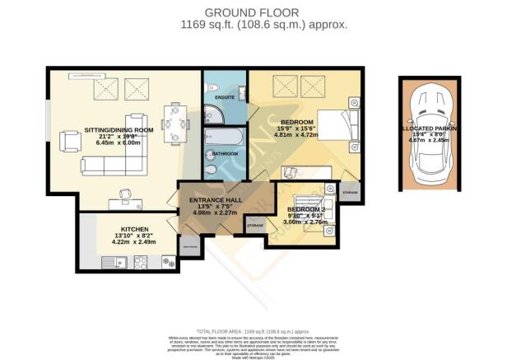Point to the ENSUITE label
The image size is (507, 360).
pyautogui.click(x=226, y=97)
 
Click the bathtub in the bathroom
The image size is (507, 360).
pyautogui.click(x=223, y=135)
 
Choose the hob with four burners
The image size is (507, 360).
pyautogui.click(x=140, y=262)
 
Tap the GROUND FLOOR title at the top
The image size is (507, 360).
pyautogui.click(x=253, y=12)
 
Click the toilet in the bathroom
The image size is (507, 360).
pyautogui.click(x=212, y=171)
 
